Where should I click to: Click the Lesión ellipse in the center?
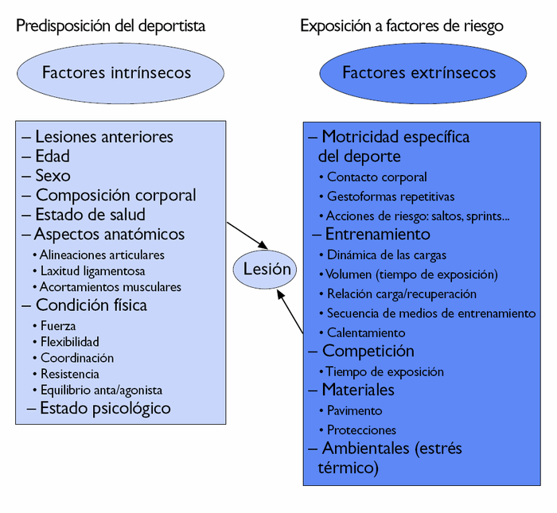[x=267, y=269]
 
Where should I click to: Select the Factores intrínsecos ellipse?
[x=116, y=73]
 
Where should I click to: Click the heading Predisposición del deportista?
[x=111, y=26]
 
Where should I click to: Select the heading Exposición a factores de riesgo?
[x=401, y=26]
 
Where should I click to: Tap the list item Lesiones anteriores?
[x=103, y=137]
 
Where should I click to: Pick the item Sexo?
[x=53, y=176]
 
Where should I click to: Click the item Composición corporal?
[x=115, y=196]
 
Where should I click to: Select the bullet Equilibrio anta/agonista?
[x=101, y=390]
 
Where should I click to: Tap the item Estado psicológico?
[x=104, y=409]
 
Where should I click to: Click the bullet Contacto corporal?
[x=376, y=177]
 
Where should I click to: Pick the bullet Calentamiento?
[x=365, y=333]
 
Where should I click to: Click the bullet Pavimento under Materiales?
[x=354, y=411]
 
